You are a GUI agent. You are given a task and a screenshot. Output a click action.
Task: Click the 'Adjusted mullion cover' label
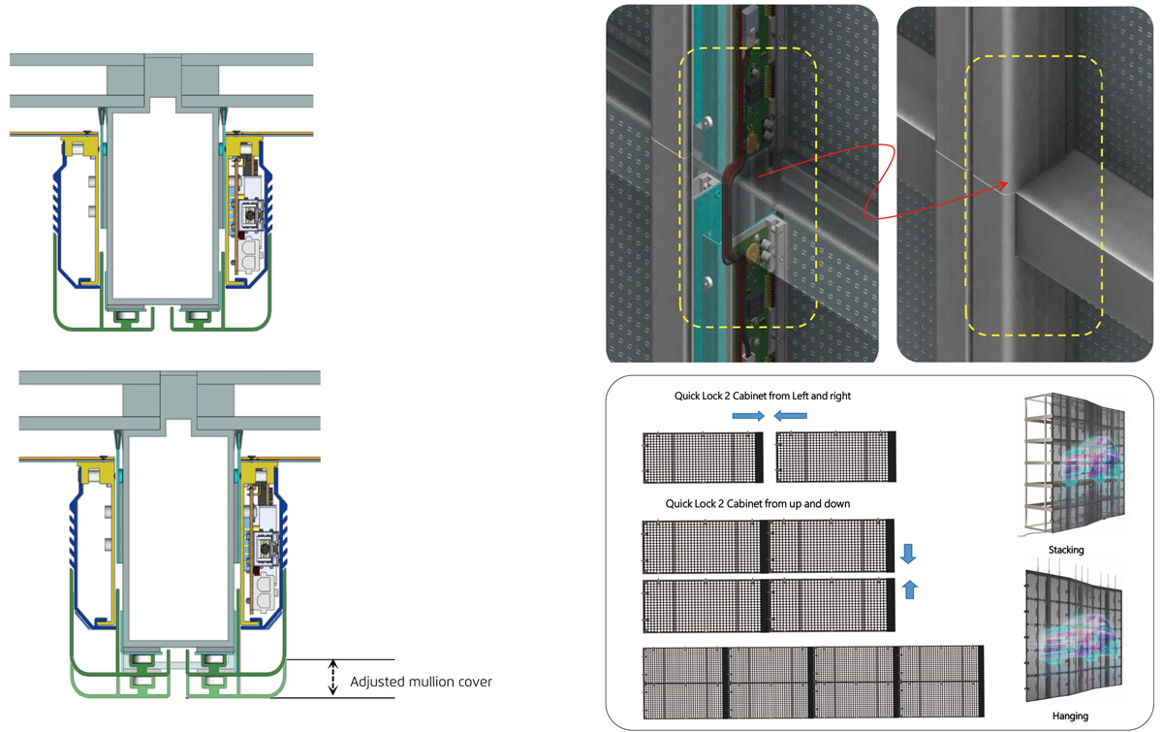click(421, 682)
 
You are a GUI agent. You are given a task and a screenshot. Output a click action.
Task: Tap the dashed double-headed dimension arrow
click(333, 678)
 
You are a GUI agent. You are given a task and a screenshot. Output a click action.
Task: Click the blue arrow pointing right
click(748, 416)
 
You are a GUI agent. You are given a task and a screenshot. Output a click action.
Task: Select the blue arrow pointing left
click(790, 416)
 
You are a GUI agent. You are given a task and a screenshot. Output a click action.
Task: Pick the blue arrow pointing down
click(908, 554)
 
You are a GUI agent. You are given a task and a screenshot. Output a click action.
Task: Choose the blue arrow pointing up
click(909, 589)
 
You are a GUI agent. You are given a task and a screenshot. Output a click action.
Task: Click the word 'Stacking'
click(1066, 550)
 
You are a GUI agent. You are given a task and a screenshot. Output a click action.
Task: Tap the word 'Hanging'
click(1070, 716)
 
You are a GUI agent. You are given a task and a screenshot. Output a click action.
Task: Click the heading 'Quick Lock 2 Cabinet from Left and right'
click(762, 396)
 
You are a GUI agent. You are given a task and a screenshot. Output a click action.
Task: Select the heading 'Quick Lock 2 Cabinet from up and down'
click(758, 503)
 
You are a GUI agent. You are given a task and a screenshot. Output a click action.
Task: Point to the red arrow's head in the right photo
click(1005, 184)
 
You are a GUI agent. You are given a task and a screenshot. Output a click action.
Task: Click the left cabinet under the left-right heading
click(703, 458)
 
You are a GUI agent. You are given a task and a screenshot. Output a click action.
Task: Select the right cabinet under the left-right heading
click(835, 458)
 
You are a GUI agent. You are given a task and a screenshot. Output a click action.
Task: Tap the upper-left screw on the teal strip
click(707, 122)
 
